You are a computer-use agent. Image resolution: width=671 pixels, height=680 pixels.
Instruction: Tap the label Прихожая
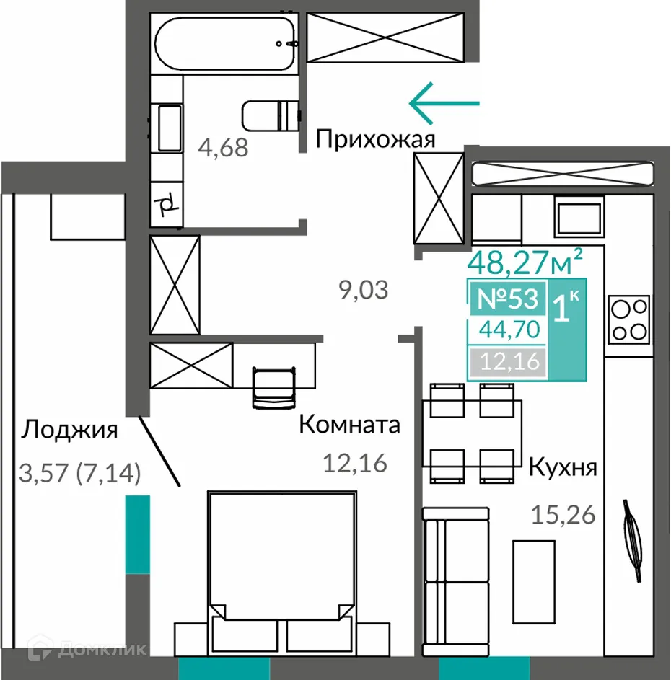(x=375, y=139)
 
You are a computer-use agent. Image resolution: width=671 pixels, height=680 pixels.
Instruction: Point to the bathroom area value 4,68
(x=224, y=148)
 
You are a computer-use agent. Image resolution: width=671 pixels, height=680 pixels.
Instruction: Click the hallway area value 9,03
(x=364, y=290)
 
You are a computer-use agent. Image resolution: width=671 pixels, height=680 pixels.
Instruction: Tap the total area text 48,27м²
(x=525, y=261)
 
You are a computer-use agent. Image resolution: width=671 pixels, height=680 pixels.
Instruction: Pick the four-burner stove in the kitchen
(x=628, y=321)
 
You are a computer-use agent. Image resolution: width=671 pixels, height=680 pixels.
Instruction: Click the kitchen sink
(x=577, y=218)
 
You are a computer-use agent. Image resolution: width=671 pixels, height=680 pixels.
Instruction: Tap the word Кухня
(x=563, y=467)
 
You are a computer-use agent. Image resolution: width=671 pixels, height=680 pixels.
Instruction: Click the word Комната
(x=349, y=425)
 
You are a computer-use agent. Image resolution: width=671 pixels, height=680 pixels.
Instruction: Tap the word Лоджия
(x=69, y=430)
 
